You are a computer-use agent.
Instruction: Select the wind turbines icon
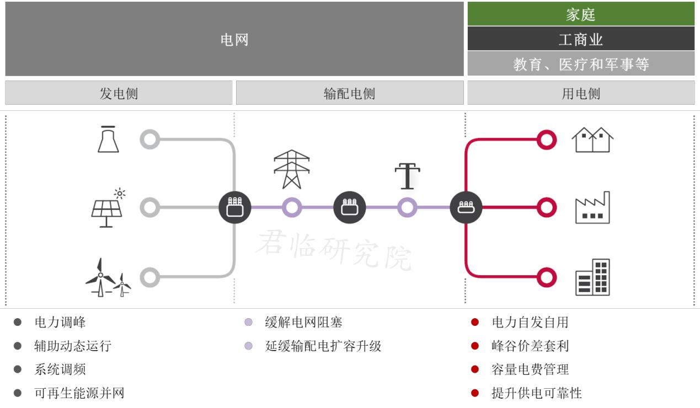(x=108, y=278)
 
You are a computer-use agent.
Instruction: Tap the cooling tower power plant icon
(x=108, y=139)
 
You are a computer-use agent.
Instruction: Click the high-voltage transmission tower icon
(x=292, y=169)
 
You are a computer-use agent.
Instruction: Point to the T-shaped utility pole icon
(x=408, y=176)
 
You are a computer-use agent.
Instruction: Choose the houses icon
(x=592, y=139)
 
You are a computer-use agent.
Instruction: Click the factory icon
(x=592, y=208)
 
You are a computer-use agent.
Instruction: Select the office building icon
(x=592, y=277)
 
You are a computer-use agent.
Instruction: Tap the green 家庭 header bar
(x=581, y=14)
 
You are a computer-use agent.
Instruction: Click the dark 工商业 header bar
(x=581, y=39)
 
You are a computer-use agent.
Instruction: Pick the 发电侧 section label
(x=119, y=93)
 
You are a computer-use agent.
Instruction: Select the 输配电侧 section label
(x=349, y=93)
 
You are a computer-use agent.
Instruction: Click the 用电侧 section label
(x=581, y=93)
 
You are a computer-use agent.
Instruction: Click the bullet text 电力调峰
(x=60, y=322)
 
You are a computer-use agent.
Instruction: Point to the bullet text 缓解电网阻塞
(x=303, y=322)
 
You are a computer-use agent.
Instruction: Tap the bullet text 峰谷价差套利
(x=530, y=346)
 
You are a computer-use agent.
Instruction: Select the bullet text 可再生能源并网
(x=79, y=393)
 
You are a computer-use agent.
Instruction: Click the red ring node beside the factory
(x=546, y=208)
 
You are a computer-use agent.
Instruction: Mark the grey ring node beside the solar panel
(x=149, y=208)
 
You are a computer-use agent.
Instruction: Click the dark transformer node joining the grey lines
(x=235, y=208)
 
